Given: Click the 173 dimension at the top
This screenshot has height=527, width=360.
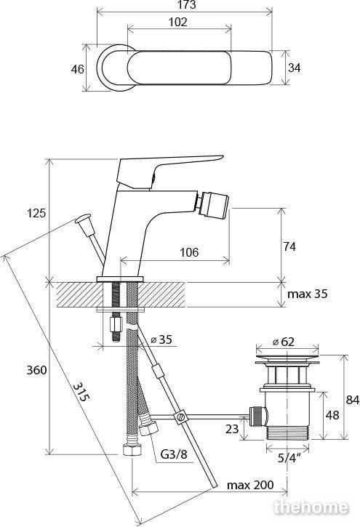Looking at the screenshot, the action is [187, 4].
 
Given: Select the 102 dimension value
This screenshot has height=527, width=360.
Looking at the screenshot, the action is [177, 23].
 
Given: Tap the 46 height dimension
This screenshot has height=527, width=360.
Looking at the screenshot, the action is [77, 69].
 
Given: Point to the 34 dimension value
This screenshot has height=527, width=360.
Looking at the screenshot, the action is [294, 68].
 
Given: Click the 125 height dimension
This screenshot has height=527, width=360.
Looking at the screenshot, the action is [36, 213].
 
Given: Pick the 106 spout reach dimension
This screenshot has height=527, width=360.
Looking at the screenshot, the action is [189, 252].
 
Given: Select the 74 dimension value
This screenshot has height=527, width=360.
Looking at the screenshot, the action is [289, 246].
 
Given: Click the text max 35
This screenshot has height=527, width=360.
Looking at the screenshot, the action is [307, 294].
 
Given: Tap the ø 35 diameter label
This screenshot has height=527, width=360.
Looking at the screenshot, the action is [161, 339].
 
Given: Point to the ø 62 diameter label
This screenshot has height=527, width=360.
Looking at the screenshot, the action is [284, 342].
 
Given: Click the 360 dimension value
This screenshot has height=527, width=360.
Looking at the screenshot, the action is [36, 370].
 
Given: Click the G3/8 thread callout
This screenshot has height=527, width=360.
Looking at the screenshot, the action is [173, 454].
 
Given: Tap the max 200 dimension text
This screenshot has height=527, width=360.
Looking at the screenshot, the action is [250, 485].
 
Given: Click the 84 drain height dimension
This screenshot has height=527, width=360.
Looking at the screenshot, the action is [353, 400].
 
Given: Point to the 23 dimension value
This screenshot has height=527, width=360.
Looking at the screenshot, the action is [232, 429].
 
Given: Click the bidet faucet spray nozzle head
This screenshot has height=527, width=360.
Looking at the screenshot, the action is [212, 204].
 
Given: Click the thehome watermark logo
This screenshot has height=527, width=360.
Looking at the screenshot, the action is [311, 507].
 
